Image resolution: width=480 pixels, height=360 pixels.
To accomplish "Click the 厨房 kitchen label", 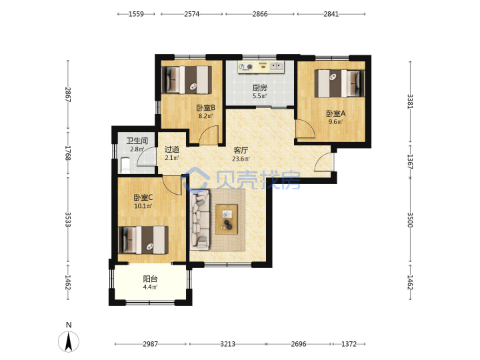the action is click(x=259, y=88).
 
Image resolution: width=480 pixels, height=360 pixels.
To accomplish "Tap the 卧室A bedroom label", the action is click(x=335, y=113).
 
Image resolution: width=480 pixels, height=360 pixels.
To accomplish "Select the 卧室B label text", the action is click(x=205, y=108).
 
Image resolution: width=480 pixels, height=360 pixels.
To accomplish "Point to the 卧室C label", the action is click(x=143, y=198).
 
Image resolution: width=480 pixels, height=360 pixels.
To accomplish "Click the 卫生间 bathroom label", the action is click(x=137, y=141).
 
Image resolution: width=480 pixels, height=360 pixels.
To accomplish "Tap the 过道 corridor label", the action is click(x=172, y=149).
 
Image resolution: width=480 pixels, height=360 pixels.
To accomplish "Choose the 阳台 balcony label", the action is click(x=150, y=279).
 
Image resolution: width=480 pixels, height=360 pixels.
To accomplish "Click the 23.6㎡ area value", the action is click(x=241, y=159).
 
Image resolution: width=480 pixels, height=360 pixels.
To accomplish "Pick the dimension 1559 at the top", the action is click(x=136, y=14).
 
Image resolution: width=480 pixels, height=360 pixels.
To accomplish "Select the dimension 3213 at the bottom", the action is click(x=228, y=344).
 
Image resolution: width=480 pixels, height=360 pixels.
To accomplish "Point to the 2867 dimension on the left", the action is click(x=68, y=95).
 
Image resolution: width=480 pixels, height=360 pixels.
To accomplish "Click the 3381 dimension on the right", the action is click(x=410, y=101).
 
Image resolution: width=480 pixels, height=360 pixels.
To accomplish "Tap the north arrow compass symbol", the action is click(x=69, y=341).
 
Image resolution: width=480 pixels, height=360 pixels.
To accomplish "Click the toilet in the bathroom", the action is click(x=125, y=165).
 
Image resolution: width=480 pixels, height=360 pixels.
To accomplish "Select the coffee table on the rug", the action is click(x=227, y=219).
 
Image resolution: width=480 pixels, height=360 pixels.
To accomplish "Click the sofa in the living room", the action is click(x=199, y=219).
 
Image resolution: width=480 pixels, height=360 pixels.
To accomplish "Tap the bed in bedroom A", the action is click(x=340, y=83).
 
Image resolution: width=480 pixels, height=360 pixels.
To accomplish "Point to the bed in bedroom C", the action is click(x=143, y=240).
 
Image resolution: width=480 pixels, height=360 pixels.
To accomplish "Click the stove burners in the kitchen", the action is click(x=245, y=67).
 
